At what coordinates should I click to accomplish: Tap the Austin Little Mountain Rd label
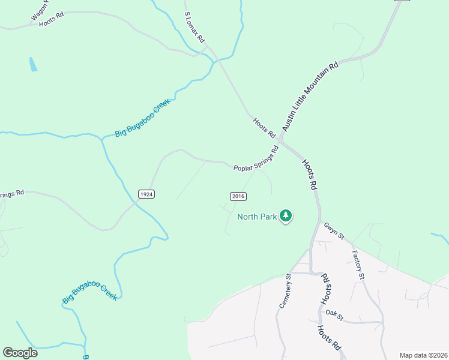tap(311, 97)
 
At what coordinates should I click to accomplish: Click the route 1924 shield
tap(146, 194)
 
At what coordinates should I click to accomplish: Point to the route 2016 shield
tap(238, 196)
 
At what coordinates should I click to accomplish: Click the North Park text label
tap(257, 217)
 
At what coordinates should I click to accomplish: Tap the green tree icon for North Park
tap(286, 215)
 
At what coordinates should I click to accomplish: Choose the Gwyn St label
tap(333, 232)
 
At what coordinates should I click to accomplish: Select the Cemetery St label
tap(285, 292)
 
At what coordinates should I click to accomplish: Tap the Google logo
tap(20, 353)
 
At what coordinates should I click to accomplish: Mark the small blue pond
tap(32, 64)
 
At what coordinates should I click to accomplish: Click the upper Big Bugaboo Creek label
tap(143, 118)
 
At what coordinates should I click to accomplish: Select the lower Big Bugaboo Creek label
tap(90, 292)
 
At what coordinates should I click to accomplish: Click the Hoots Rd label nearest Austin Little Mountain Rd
tap(264, 127)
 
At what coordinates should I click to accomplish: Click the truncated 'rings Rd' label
tap(11, 194)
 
